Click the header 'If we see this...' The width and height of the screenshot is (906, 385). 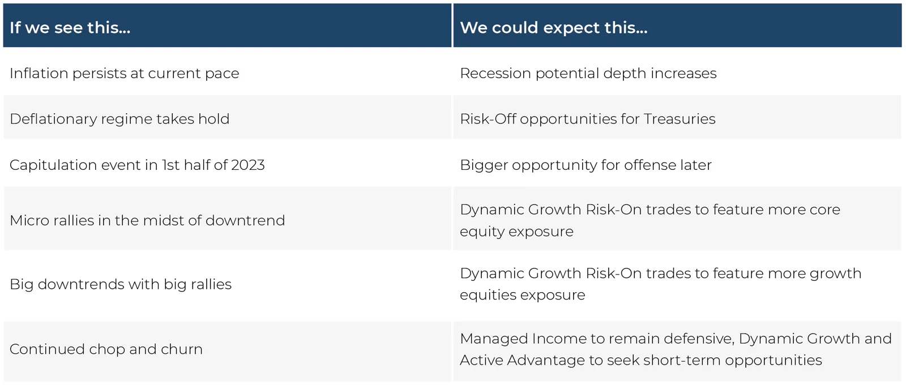70,28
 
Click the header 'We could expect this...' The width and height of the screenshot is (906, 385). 554,28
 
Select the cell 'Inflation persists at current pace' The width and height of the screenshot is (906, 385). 124,74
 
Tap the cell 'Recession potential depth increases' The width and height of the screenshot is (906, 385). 588,74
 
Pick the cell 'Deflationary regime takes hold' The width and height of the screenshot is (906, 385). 119,119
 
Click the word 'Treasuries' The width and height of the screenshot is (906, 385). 679,119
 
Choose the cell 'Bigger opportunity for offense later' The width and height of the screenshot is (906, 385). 586,165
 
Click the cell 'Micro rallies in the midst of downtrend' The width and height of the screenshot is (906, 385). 147,220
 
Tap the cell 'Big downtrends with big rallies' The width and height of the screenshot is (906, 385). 121,284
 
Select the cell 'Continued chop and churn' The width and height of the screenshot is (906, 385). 106,349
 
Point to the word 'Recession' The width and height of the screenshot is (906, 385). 495,73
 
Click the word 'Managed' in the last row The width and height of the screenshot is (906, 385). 494,339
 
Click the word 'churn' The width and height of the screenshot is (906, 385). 182,349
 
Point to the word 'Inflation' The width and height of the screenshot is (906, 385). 39,73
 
